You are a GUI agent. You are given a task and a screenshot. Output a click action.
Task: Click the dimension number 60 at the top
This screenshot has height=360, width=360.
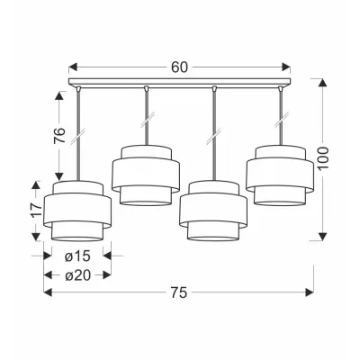pyautogui.click(x=179, y=67)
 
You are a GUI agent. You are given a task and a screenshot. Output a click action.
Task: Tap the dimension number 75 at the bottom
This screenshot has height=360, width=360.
pyautogui.click(x=179, y=292)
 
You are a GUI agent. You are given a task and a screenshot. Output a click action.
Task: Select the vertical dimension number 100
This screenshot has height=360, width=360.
pyautogui.click(x=323, y=158)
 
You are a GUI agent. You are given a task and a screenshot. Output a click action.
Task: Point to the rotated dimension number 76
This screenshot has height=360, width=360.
pyautogui.click(x=59, y=135)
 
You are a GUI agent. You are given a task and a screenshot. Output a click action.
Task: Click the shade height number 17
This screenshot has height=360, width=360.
pyautogui.click(x=36, y=211)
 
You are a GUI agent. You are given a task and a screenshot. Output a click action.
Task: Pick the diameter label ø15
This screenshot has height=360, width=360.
pyautogui.click(x=77, y=256)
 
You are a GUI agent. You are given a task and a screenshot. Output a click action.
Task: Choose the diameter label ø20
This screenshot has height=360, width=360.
pyautogui.click(x=77, y=274)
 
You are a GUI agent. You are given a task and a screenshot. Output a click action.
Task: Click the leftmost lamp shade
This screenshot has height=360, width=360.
pyautogui.click(x=77, y=211)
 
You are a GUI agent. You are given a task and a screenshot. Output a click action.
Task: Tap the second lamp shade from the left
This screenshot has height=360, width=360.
pyautogui.click(x=146, y=175)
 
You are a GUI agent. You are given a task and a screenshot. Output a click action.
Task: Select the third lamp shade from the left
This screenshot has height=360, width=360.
pyautogui.click(x=213, y=211)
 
